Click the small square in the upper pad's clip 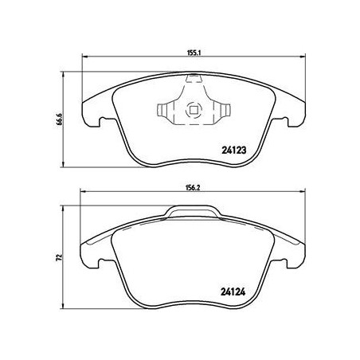pos(193,111)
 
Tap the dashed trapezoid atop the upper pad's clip pos(193,82)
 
